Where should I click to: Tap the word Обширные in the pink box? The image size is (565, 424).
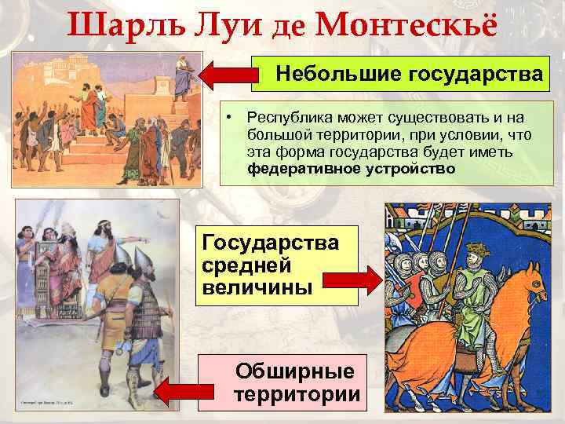[x=294, y=371]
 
